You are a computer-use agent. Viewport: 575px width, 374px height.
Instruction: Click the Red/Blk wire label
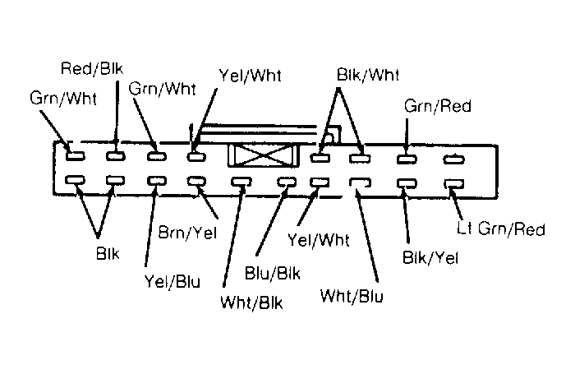pos(92,68)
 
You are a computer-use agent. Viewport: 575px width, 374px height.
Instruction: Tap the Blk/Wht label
pos(367,75)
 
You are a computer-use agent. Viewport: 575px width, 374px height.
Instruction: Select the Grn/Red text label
pos(438,106)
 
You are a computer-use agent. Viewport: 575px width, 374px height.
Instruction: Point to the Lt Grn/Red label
pos(501,229)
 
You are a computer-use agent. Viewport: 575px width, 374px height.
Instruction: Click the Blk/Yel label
pos(430,257)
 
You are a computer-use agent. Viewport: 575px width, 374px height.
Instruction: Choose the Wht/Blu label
pos(352,295)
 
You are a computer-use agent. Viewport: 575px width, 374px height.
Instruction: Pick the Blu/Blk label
pos(272,273)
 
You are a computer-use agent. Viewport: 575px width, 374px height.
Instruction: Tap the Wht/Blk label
pos(251,302)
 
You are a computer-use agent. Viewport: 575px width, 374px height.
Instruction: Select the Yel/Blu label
pos(172,281)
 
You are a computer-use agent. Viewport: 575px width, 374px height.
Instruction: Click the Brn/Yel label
pos(187,233)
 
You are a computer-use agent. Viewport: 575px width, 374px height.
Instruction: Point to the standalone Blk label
pos(108,253)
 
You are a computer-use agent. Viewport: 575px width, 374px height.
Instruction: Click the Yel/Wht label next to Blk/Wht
pos(250,76)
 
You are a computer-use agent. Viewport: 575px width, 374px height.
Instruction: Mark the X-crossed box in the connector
pos(264,155)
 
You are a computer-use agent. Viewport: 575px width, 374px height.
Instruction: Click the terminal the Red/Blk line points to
pos(116,156)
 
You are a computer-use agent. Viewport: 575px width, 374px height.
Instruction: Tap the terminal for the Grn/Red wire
pos(407,159)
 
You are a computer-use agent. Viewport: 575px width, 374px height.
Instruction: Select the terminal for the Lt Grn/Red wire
pos(454,183)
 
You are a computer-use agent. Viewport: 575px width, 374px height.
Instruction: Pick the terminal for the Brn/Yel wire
pos(196,181)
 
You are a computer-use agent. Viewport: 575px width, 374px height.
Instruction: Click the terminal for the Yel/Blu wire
pos(157,181)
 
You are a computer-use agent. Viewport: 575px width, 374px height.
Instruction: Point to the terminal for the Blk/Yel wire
pos(407,183)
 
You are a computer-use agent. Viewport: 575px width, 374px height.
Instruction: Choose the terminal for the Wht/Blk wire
pos(241,182)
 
